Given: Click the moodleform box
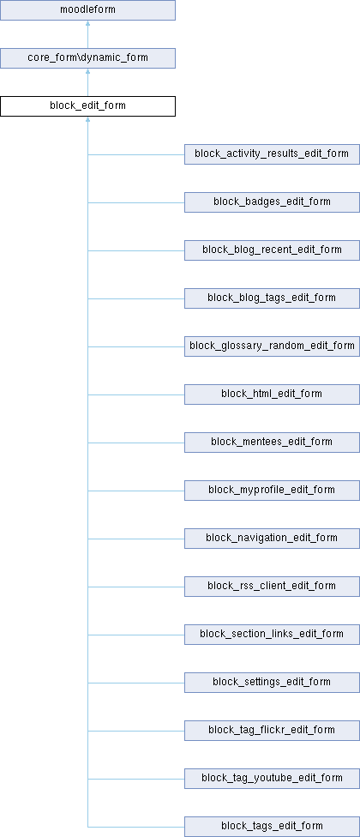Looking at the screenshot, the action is click(87, 10).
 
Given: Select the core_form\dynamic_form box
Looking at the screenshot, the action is click(87, 58).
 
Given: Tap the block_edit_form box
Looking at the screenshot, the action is click(87, 106).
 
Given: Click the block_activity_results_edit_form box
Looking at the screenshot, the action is click(272, 154).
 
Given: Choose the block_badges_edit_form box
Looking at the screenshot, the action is click(272, 202).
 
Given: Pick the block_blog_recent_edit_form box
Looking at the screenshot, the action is click(272, 250).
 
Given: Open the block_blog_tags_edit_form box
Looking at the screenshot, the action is click(272, 298).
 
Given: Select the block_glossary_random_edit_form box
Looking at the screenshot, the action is click(272, 346).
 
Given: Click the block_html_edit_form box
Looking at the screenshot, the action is click(272, 394).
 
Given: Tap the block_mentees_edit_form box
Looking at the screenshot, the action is click(272, 443).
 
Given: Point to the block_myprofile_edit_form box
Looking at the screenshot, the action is click(272, 491).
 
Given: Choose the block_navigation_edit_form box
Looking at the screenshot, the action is click(272, 539).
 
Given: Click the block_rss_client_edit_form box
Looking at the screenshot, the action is click(272, 587).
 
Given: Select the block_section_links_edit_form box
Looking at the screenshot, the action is click(272, 635).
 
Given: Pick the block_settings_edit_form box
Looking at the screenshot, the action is click(272, 683).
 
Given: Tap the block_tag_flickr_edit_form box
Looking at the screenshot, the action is click(272, 731).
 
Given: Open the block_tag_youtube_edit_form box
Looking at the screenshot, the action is click(272, 779).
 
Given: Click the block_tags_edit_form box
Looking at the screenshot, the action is click(272, 827).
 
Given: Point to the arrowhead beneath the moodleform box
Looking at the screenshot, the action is click(87, 23).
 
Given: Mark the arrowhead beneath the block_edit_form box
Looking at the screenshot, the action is click(87, 119).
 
